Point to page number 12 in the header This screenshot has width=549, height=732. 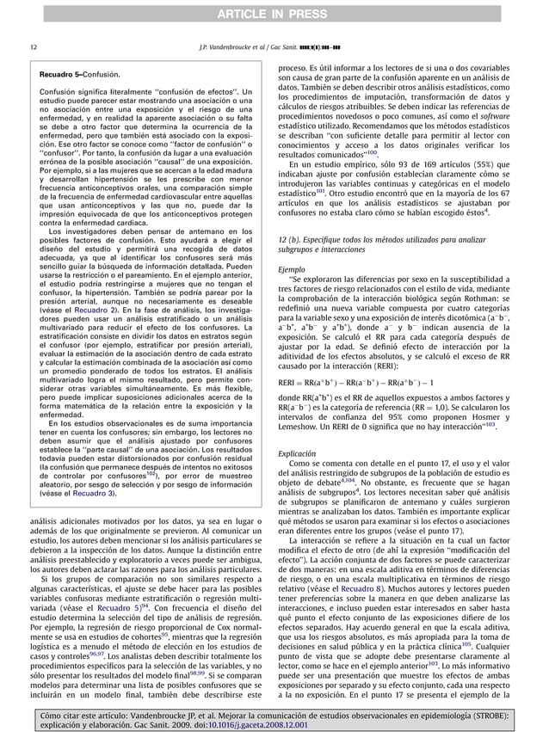(33, 46)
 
